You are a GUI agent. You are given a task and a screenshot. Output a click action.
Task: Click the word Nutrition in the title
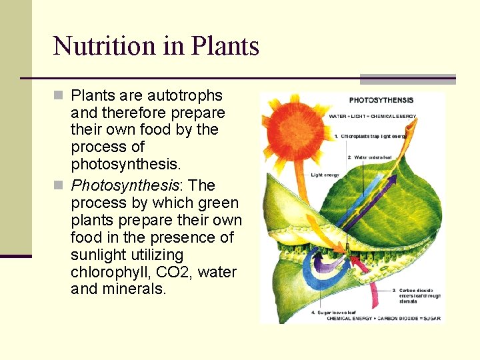(x=103, y=46)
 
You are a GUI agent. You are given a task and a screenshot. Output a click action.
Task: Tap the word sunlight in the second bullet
(x=99, y=255)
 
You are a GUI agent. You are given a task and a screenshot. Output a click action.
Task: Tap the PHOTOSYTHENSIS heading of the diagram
(x=381, y=101)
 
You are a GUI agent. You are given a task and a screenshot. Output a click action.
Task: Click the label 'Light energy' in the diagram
(x=325, y=175)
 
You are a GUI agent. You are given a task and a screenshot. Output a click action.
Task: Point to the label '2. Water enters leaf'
(x=369, y=158)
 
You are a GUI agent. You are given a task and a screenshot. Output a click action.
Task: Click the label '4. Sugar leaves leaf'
(x=336, y=311)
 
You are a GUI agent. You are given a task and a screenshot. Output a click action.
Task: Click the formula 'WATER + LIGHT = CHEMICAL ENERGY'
(x=372, y=116)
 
